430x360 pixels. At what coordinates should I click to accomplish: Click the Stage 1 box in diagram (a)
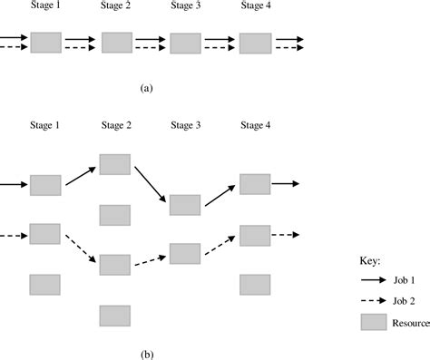coord(45,43)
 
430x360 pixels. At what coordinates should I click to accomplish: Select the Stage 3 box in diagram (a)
coord(185,44)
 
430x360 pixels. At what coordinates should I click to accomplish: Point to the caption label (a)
coord(147,89)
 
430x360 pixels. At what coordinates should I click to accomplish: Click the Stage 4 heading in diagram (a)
coord(255,7)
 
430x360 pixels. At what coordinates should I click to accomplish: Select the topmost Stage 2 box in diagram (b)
coord(115,164)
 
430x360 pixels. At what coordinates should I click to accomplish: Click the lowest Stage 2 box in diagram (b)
coord(115,315)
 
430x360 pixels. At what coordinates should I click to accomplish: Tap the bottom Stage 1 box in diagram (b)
coord(45,284)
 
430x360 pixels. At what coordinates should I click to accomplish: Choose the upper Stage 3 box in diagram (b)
coord(185,204)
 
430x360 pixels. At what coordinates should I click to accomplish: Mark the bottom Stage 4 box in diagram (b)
coord(255,284)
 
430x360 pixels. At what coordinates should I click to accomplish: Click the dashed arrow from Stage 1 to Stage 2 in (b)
coord(80,250)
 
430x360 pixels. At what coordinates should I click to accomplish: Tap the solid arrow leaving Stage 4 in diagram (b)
coord(287,184)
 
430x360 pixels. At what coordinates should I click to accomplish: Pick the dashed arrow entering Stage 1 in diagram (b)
coord(13,238)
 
